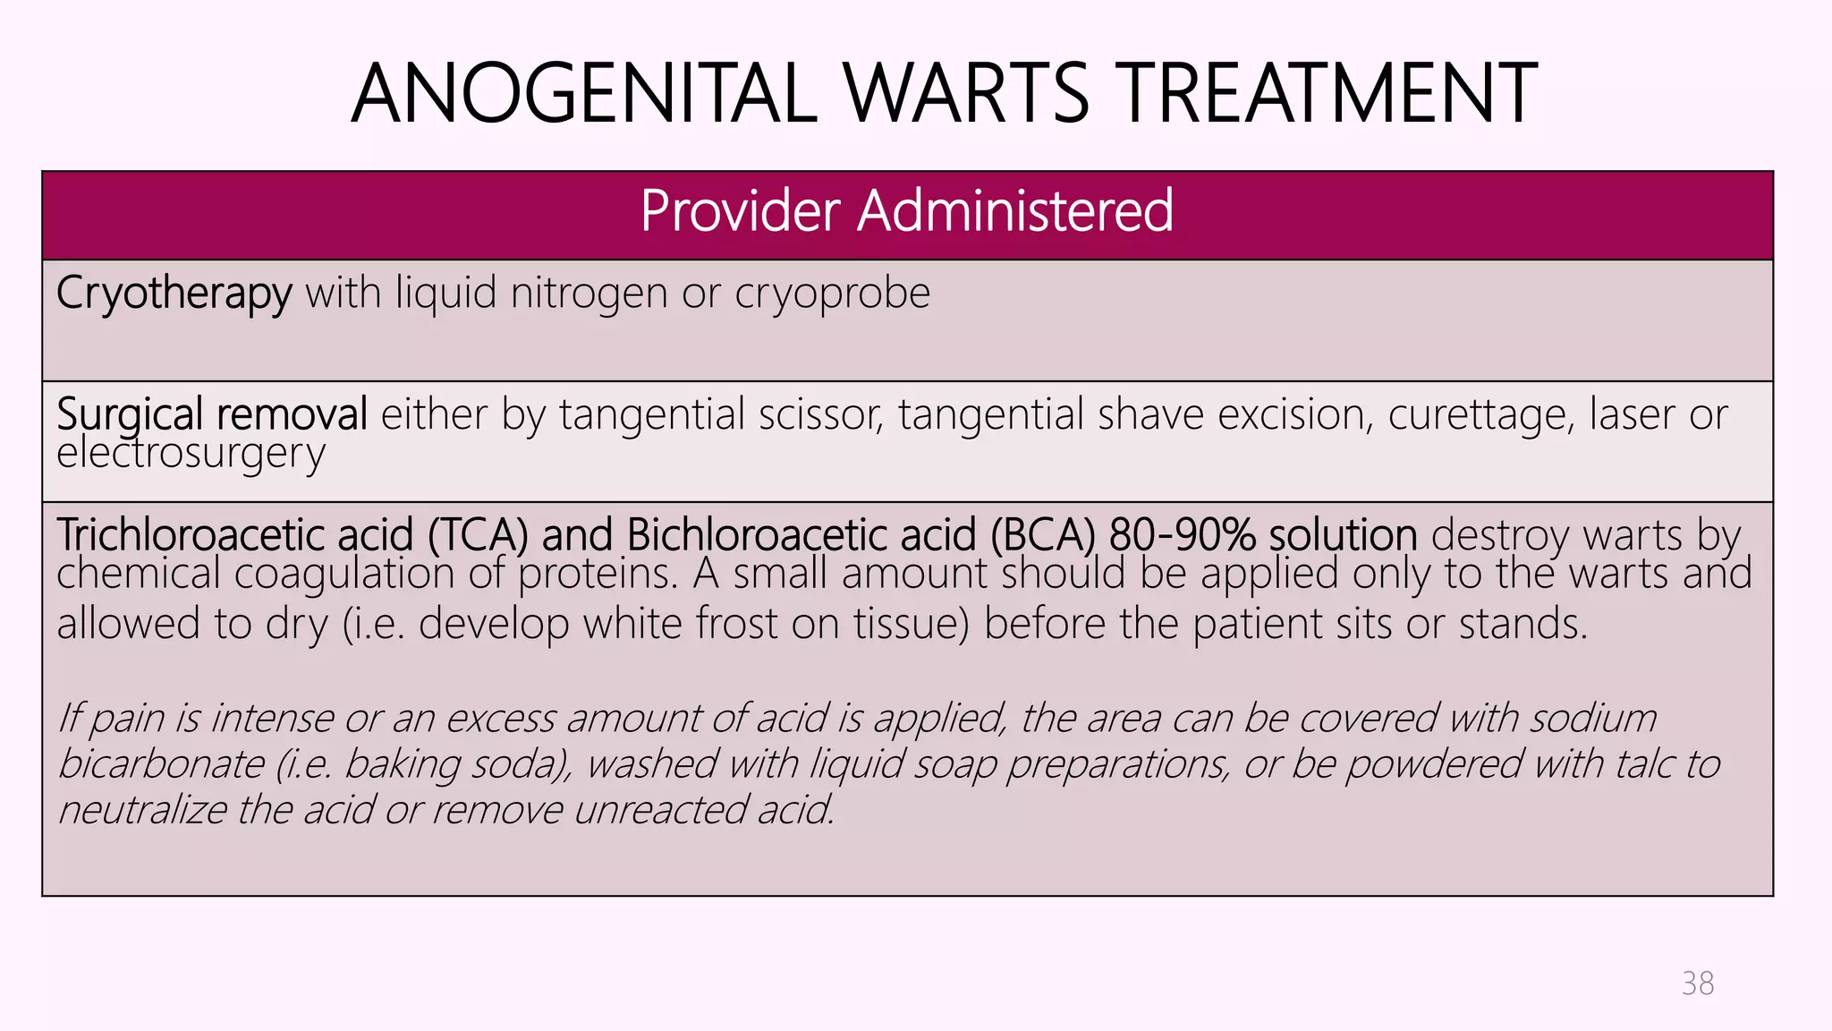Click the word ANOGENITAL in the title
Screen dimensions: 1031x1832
(x=584, y=93)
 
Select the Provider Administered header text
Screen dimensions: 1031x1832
(x=906, y=211)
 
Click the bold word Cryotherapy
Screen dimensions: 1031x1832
(x=174, y=294)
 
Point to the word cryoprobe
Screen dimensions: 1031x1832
(x=832, y=294)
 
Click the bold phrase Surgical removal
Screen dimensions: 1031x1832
(x=212, y=414)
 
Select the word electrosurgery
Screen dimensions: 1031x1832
(x=191, y=454)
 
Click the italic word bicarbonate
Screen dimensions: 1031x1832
(x=161, y=763)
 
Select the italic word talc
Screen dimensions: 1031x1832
(x=1645, y=763)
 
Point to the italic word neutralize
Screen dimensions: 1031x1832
(x=142, y=810)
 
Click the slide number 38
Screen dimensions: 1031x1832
(x=1697, y=984)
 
